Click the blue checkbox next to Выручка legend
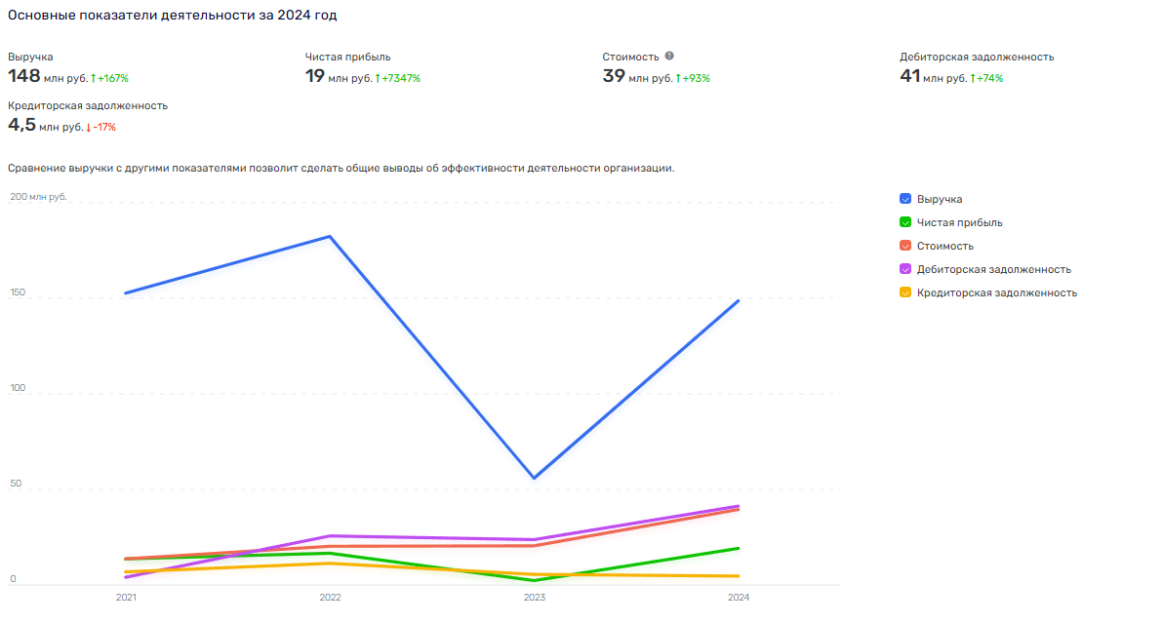[905, 199]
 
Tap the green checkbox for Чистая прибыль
[905, 222]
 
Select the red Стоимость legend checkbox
[905, 246]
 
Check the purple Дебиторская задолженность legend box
[905, 269]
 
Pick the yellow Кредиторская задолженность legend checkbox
[905, 292]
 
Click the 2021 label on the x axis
[126, 597]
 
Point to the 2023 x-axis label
[535, 597]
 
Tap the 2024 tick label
[739, 597]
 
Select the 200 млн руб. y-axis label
[38, 197]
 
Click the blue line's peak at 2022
[331, 236]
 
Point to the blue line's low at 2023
[535, 478]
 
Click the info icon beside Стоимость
[669, 56]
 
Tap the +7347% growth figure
[401, 78]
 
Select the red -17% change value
[104, 127]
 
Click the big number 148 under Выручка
[23, 75]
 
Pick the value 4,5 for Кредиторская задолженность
[21, 124]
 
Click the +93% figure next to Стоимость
[696, 78]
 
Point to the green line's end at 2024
[739, 548]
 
